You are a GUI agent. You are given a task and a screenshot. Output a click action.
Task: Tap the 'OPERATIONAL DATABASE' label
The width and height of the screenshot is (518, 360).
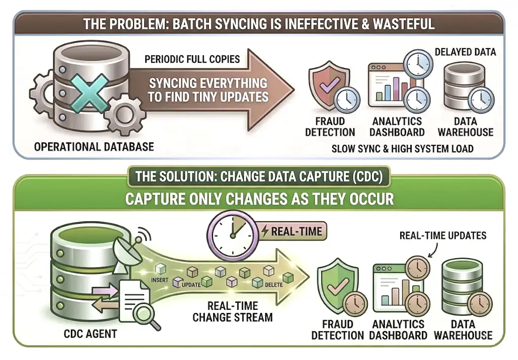click(94, 147)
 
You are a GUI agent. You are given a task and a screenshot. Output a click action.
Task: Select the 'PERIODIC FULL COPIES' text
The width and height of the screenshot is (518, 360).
click(192, 59)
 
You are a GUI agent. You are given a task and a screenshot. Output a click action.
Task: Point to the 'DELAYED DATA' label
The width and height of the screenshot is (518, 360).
click(465, 52)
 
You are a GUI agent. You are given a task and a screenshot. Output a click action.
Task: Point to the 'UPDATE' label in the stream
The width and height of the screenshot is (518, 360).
click(191, 285)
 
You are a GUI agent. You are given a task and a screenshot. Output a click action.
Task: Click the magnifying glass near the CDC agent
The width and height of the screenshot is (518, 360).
click(147, 313)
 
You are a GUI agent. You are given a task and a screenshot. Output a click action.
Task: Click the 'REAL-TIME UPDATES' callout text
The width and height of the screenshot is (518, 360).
click(443, 235)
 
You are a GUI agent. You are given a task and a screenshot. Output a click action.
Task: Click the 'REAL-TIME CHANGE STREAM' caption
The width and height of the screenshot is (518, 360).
click(233, 312)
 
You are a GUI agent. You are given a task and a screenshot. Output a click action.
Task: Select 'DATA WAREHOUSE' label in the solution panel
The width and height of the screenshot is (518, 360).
click(463, 330)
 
